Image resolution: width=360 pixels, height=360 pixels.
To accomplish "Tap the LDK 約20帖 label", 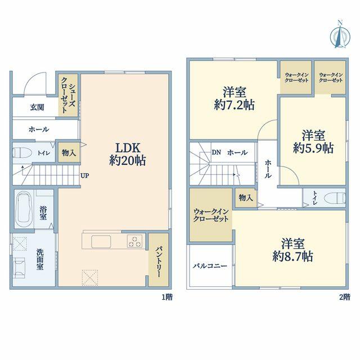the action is (128, 154).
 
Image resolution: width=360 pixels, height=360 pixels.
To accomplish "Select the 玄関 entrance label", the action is (37, 107).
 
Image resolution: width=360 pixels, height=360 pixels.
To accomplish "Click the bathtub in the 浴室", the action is (24, 209).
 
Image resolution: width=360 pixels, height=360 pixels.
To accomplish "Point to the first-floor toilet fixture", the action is (22, 152).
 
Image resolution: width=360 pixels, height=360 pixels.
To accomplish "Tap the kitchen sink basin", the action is (101, 241).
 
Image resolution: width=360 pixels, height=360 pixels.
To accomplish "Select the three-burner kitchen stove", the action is (134, 241).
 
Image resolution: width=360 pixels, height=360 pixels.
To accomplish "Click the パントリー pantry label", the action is (159, 262).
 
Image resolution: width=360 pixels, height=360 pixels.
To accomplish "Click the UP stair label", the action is (84, 176).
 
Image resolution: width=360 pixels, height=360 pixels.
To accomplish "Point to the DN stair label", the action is (216, 152).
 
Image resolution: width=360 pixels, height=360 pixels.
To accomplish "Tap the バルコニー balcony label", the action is (210, 266).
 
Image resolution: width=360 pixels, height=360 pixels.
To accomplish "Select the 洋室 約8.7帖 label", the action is (292, 250).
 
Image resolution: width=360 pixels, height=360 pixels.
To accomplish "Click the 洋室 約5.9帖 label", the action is (313, 141).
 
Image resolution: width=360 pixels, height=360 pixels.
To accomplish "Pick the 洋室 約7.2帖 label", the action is (234, 98).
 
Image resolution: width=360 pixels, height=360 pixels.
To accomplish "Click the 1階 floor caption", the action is (167, 297).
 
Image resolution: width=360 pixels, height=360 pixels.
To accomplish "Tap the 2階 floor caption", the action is (345, 297).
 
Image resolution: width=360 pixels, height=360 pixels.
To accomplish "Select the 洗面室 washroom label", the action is (40, 259).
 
